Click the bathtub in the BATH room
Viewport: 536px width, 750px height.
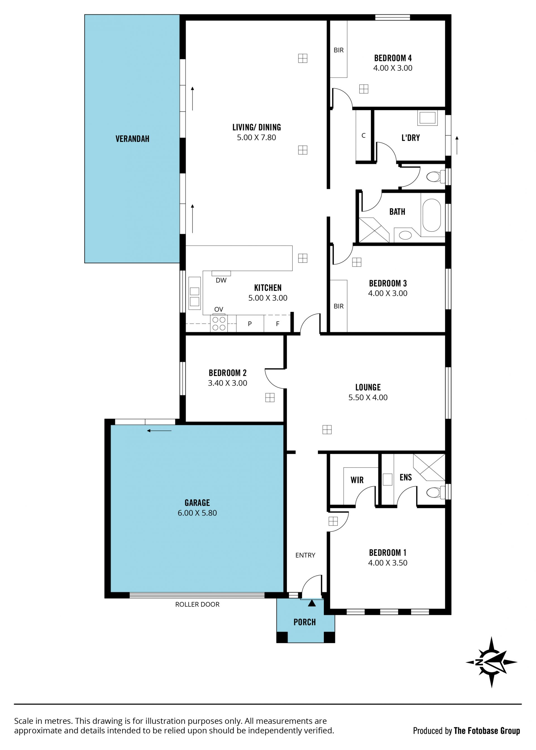(x=432, y=215)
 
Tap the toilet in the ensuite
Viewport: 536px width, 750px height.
(x=436, y=493)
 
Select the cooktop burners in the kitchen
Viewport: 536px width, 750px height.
(x=219, y=324)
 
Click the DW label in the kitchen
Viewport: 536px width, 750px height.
(x=221, y=281)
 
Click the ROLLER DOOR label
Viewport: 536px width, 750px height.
(x=197, y=604)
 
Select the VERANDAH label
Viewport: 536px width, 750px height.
(x=132, y=139)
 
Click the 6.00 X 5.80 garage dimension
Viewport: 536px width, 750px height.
(x=197, y=513)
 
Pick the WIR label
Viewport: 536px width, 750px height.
(x=357, y=480)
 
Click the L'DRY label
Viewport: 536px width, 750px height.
(x=411, y=138)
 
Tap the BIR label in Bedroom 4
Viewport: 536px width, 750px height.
(x=339, y=50)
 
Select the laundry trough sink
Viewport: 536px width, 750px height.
(x=427, y=118)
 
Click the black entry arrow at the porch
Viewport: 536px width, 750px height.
(x=312, y=603)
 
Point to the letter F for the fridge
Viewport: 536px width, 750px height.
(x=277, y=324)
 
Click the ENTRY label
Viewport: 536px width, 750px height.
(x=305, y=556)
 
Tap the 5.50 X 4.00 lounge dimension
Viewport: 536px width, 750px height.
(x=368, y=397)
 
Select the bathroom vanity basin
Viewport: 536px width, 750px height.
(x=405, y=235)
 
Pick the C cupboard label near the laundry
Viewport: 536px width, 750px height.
(x=363, y=136)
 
